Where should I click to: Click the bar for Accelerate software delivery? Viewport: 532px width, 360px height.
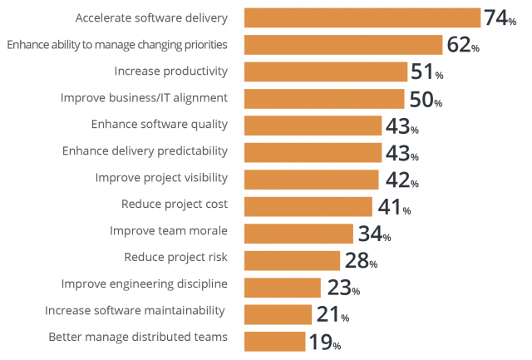[362, 17]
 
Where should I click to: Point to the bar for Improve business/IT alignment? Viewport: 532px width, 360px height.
[324, 99]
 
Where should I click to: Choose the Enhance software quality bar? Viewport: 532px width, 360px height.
[313, 126]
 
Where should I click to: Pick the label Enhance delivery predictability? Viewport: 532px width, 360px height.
[157, 152]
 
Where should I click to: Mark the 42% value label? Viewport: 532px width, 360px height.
[400, 180]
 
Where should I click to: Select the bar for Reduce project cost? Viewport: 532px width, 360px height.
[308, 206]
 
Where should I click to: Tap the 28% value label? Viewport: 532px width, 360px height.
[361, 260]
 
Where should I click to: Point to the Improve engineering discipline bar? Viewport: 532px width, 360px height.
[283, 287]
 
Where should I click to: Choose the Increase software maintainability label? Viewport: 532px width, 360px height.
[135, 311]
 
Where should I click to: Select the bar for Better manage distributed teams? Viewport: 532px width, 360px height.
[274, 341]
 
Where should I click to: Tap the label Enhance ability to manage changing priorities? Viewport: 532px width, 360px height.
[117, 44]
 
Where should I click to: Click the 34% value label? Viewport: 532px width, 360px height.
[374, 234]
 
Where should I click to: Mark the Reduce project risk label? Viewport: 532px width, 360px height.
[175, 257]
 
